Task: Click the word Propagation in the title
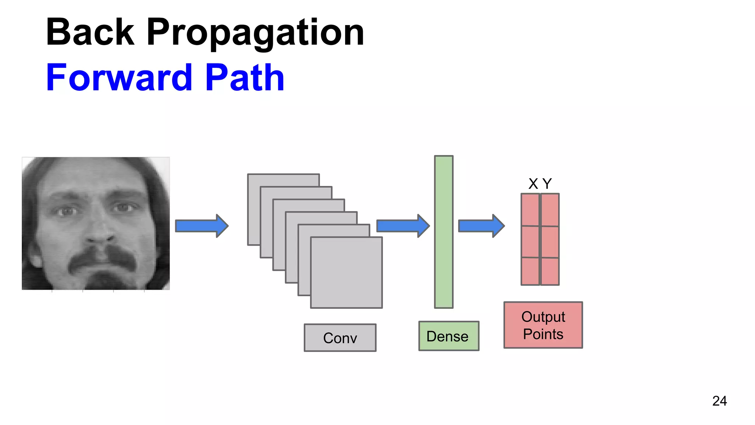pyautogui.click(x=255, y=34)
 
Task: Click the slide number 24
pyautogui.click(x=719, y=401)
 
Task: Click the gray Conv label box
pyautogui.click(x=340, y=338)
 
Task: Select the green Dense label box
pyautogui.click(x=449, y=336)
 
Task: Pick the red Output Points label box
pyautogui.click(x=543, y=325)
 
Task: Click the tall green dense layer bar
pyautogui.click(x=443, y=232)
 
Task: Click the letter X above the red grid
pyautogui.click(x=533, y=184)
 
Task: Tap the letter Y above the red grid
pyautogui.click(x=547, y=184)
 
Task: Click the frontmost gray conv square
pyautogui.click(x=346, y=273)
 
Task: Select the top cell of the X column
pyautogui.click(x=530, y=210)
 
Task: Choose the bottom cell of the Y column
pyautogui.click(x=550, y=271)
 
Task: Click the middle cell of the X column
pyautogui.click(x=530, y=241)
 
